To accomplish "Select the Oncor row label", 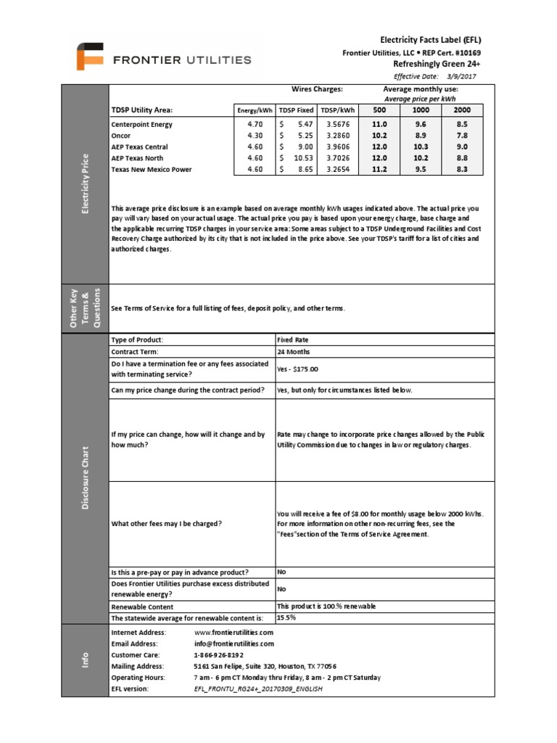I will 120,135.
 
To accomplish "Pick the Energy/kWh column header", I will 255,110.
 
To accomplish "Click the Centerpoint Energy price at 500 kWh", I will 379,125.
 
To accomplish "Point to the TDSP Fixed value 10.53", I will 302,157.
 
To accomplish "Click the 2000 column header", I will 462,110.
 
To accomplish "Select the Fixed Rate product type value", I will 293,340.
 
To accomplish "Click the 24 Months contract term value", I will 293,351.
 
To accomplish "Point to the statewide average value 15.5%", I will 286,617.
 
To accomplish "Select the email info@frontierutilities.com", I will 234,644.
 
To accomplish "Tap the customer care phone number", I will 218,654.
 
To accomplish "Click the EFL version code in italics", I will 257,688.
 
